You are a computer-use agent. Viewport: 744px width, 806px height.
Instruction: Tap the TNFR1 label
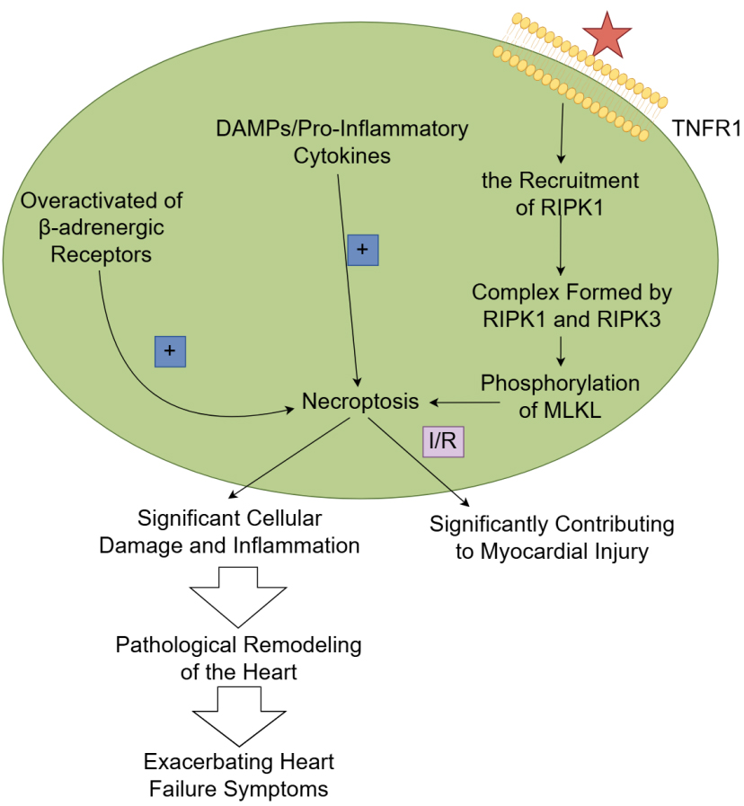coord(706,128)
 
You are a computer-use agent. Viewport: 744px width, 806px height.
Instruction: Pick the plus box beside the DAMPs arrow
coord(363,250)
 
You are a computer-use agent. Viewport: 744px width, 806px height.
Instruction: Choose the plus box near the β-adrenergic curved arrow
coord(170,350)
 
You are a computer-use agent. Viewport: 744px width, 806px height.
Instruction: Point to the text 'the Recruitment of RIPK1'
coord(560,192)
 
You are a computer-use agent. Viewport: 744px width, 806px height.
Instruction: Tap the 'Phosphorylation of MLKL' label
coord(560,395)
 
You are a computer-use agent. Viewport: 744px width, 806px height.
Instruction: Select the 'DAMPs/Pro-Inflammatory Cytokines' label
coord(342,141)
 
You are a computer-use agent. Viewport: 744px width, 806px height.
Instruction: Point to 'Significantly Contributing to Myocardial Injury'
coord(552,537)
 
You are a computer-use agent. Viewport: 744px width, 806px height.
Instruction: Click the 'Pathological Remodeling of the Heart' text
coord(238,658)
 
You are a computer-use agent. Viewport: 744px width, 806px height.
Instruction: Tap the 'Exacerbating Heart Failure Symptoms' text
coord(239,775)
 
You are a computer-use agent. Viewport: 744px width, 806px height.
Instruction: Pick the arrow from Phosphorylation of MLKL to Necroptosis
coord(455,401)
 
